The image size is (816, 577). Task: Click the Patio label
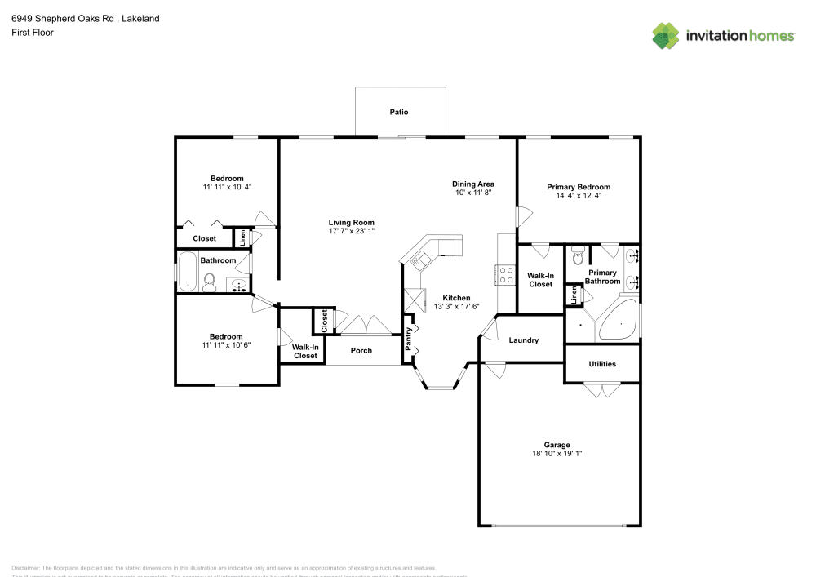click(398, 112)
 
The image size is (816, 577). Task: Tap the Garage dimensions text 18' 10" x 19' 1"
click(557, 453)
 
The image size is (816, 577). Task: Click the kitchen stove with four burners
click(506, 275)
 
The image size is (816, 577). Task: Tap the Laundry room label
click(523, 340)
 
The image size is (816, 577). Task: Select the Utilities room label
click(601, 364)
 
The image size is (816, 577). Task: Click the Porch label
click(361, 351)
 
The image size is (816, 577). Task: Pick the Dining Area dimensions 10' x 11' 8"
click(473, 193)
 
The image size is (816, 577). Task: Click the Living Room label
click(351, 222)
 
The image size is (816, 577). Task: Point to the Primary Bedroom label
click(578, 187)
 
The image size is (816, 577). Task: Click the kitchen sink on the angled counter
click(421, 261)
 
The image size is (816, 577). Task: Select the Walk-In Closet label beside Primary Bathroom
click(540, 280)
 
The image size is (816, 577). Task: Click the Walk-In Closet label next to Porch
click(304, 352)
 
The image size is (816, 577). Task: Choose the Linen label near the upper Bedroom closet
click(242, 237)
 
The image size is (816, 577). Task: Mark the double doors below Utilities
click(602, 391)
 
